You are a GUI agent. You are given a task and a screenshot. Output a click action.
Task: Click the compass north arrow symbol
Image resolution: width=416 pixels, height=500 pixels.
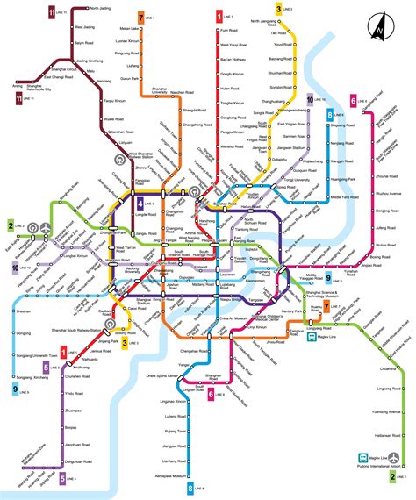pos(379,26)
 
